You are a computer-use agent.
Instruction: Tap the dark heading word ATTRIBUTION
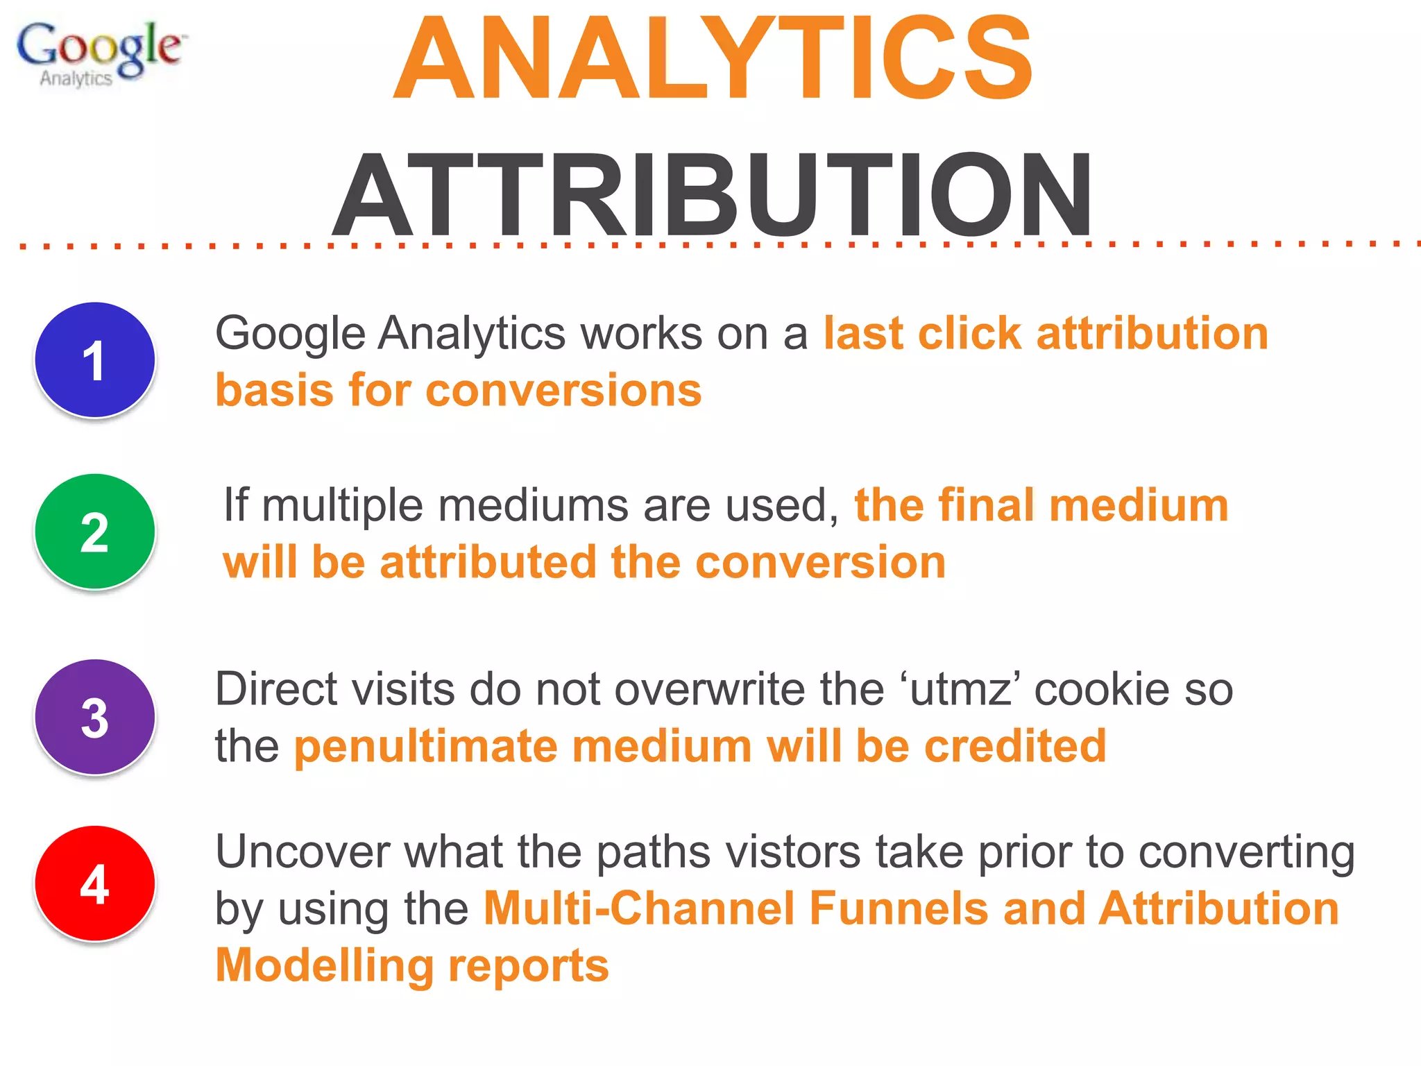click(x=713, y=194)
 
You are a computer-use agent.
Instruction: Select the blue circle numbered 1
click(x=94, y=359)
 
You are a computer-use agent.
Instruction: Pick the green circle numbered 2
click(x=94, y=532)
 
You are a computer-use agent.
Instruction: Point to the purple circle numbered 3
click(x=94, y=717)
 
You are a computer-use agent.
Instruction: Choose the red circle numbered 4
click(x=94, y=883)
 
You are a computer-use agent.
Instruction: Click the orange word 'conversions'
click(x=563, y=390)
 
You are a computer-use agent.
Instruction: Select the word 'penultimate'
click(x=425, y=746)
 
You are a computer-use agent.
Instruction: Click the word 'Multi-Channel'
click(x=639, y=908)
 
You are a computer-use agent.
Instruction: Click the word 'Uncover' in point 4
click(x=303, y=852)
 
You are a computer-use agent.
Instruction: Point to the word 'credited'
click(x=1015, y=746)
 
